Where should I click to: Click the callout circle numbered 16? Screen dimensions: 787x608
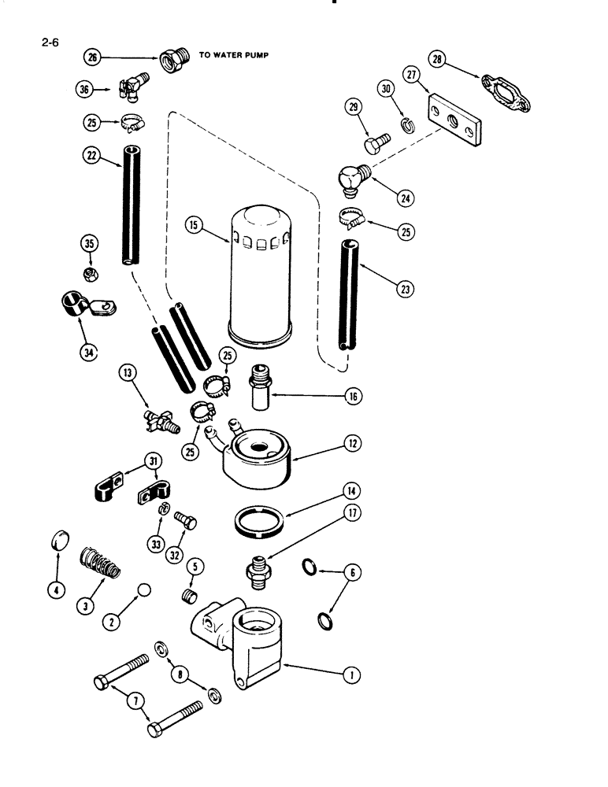pos(352,397)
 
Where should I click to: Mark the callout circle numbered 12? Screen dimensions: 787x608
pos(351,445)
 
